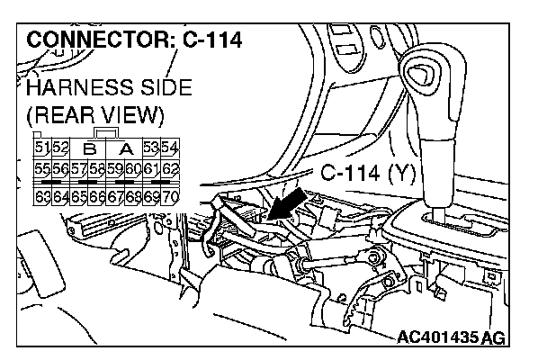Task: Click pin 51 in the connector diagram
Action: [x=41, y=148]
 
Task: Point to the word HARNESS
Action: [x=76, y=89]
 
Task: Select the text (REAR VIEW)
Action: [x=94, y=117]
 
